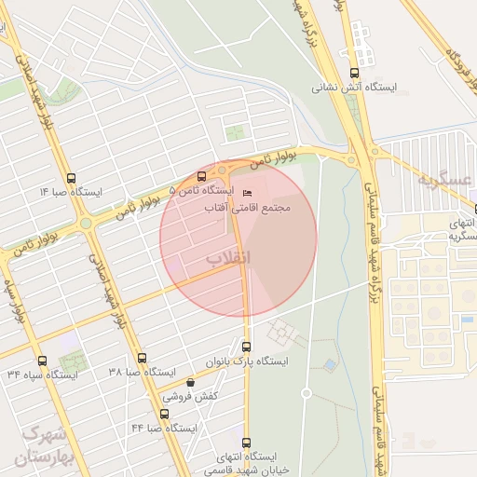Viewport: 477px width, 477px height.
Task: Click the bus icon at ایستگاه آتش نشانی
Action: coord(353,72)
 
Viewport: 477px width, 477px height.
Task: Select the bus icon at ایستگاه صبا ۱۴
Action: coord(72,177)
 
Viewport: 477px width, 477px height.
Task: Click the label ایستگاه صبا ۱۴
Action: coord(72,191)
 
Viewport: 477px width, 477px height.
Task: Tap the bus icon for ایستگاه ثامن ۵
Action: coord(201,176)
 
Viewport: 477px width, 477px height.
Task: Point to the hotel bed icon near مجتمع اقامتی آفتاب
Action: coord(246,193)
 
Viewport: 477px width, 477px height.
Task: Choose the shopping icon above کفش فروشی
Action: coord(190,382)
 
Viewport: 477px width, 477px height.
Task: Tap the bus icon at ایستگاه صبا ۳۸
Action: coord(142,358)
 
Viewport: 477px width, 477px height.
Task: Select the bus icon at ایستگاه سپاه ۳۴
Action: coord(41,360)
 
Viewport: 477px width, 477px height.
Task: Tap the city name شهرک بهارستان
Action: coord(41,446)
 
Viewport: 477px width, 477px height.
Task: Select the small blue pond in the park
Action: coord(329,365)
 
